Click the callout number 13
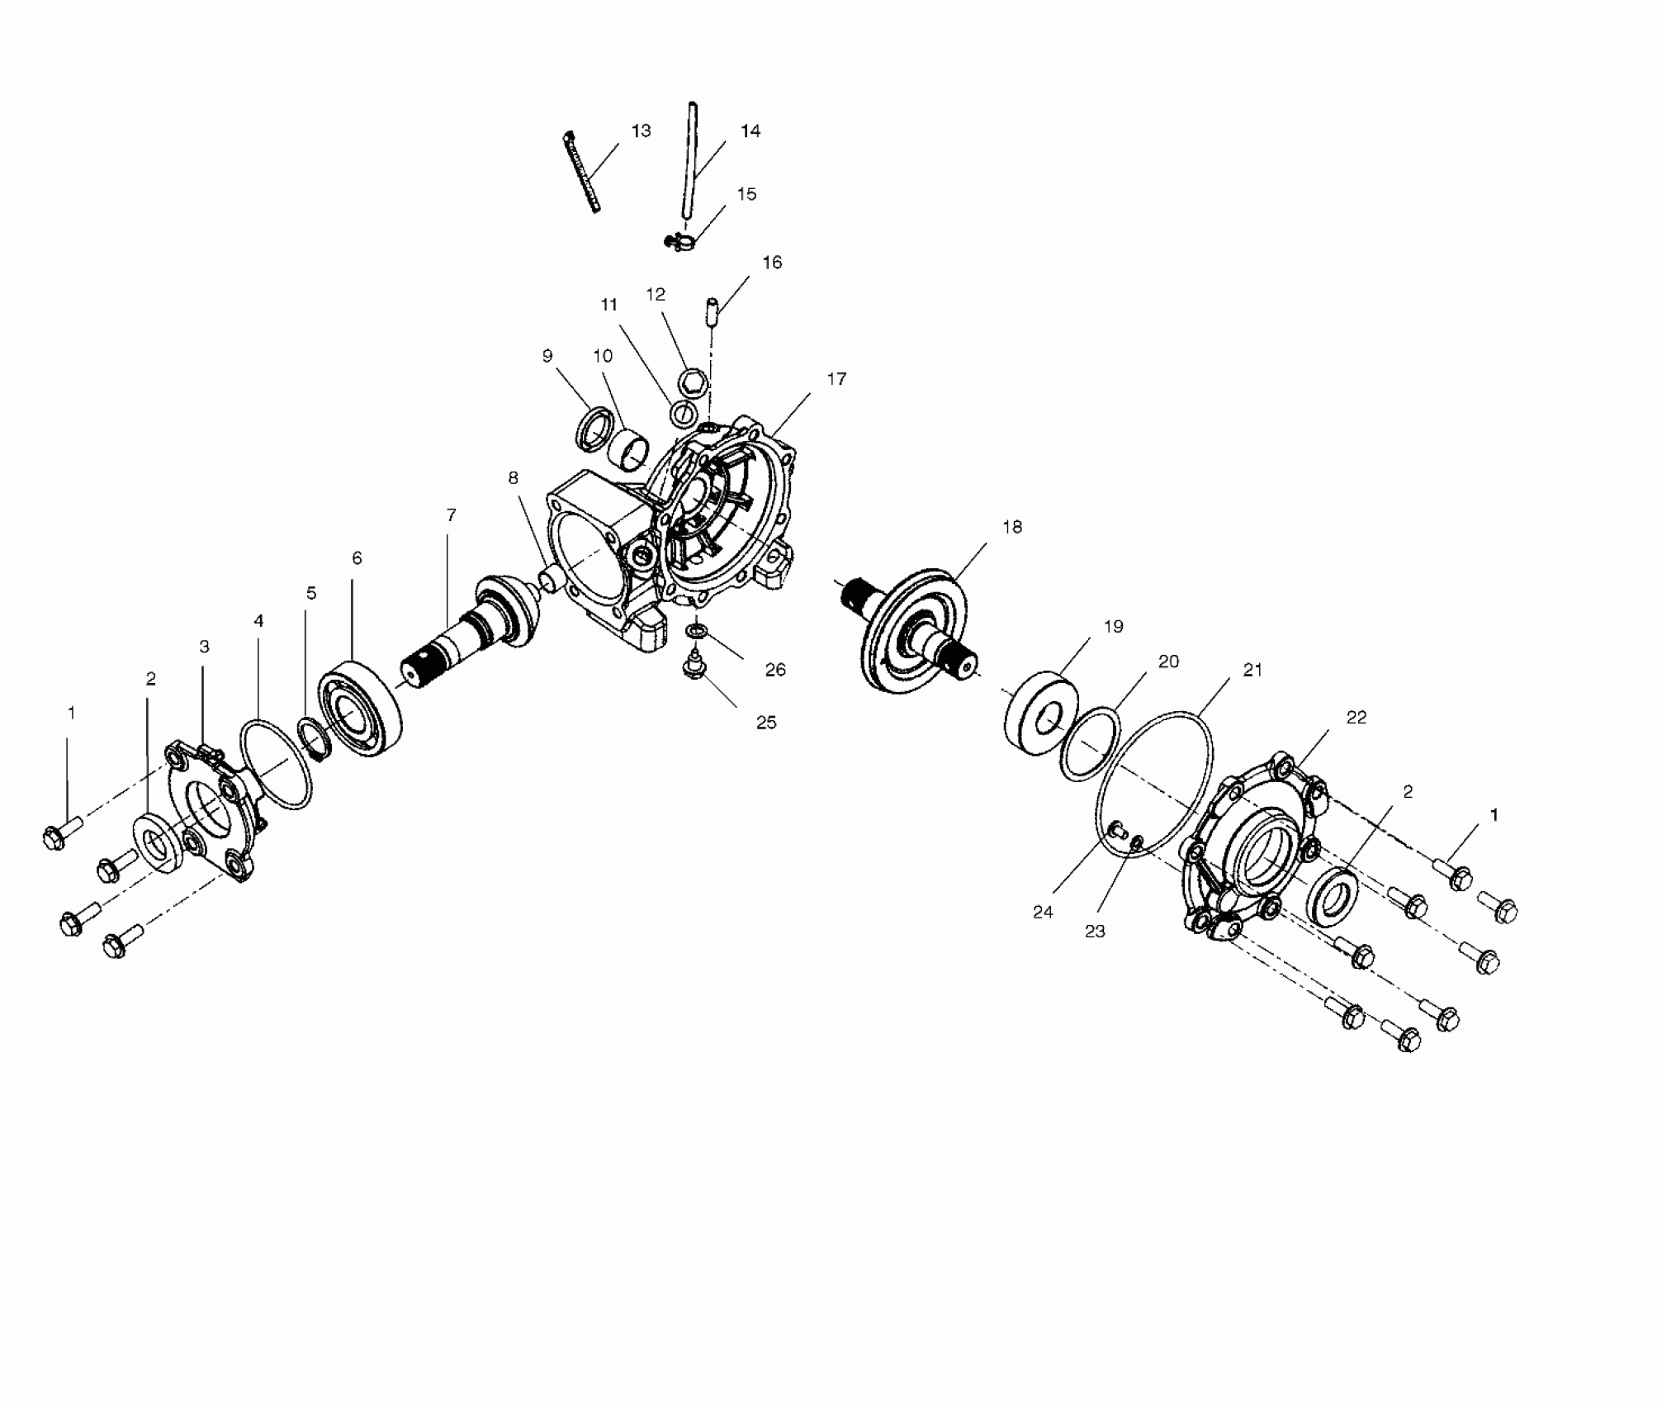point(641,131)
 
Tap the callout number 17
point(836,379)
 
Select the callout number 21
point(1252,670)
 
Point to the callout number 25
point(766,723)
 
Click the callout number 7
point(451,515)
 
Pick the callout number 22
point(1357,718)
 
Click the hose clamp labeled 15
point(680,242)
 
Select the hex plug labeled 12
point(692,381)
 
